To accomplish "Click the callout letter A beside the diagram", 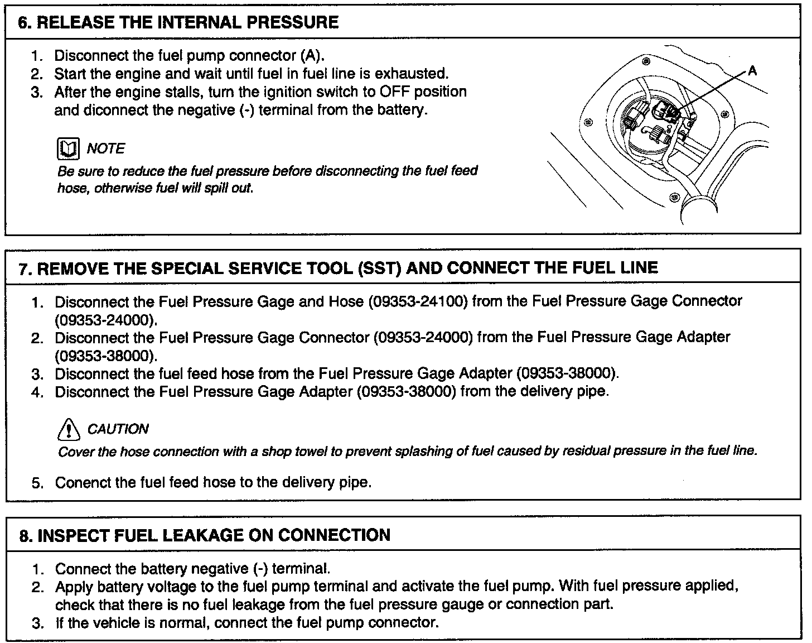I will click(x=752, y=71).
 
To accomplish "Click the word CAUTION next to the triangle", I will click(x=118, y=429).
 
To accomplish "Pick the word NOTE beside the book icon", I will click(x=106, y=148).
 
